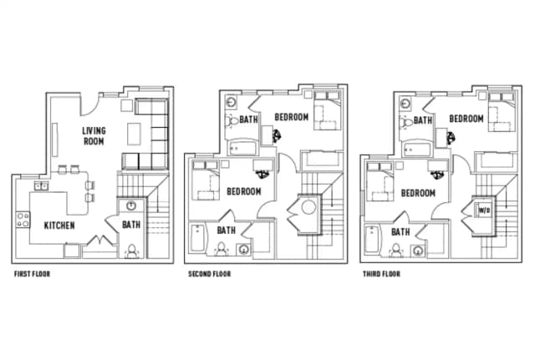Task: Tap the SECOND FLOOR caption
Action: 207,273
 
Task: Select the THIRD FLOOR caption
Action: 381,273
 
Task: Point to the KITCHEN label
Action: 61,226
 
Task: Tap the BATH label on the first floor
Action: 131,224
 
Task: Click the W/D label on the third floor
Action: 483,209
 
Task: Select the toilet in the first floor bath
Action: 132,250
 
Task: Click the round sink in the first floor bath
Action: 130,205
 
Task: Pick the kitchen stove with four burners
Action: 22,221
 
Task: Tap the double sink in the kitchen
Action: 40,185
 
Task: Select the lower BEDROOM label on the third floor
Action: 418,192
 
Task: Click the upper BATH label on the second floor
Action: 249,119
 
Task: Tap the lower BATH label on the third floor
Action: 400,231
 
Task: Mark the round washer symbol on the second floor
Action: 308,207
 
